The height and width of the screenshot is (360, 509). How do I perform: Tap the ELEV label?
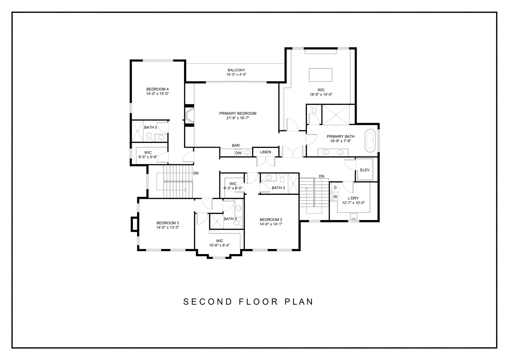point(365,170)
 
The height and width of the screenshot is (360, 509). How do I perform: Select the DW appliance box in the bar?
point(238,153)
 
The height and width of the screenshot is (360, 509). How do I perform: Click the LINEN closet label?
point(265,152)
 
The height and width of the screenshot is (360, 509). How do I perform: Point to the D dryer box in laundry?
point(335,188)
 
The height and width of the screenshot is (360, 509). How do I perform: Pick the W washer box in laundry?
point(335,196)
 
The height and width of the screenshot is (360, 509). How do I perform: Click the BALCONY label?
point(236,70)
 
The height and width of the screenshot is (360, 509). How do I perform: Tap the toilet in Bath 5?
point(149,137)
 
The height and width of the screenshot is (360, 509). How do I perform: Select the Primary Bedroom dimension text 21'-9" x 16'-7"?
point(238,118)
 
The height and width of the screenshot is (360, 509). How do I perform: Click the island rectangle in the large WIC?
point(320,75)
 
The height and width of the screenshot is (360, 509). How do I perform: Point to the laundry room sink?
point(354,217)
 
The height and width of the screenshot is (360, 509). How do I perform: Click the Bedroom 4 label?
point(157,89)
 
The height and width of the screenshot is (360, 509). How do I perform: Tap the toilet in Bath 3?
point(282,178)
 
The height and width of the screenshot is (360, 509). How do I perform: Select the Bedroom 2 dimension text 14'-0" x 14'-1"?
point(271,224)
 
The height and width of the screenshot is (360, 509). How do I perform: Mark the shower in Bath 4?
point(216,221)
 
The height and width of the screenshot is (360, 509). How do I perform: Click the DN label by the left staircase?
point(196,173)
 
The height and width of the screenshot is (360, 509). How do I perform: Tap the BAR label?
point(236,145)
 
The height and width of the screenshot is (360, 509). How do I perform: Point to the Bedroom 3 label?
point(167,223)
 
